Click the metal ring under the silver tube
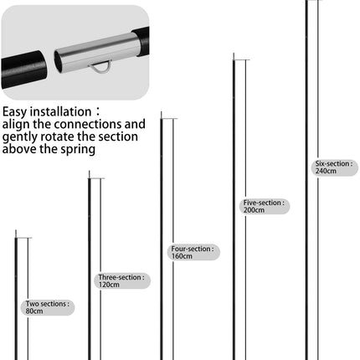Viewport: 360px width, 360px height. (101, 65)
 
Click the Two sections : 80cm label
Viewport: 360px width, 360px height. (47, 307)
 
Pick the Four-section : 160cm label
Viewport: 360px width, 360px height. (193, 252)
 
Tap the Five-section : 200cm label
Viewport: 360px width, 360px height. (263, 206)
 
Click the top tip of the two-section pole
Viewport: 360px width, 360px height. (16, 232)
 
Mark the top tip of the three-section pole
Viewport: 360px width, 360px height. (88, 172)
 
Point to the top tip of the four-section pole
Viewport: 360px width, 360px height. (161, 113)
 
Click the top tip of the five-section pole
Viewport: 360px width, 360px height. (233, 54)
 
